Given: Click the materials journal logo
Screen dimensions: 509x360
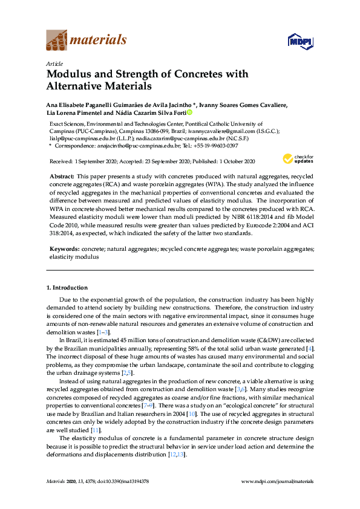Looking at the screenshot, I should [x=87, y=41].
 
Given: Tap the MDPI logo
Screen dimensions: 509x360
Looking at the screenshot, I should [x=299, y=41].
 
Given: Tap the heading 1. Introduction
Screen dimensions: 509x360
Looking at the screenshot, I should [x=67, y=288].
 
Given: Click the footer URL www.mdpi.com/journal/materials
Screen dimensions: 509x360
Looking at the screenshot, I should [x=277, y=481].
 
